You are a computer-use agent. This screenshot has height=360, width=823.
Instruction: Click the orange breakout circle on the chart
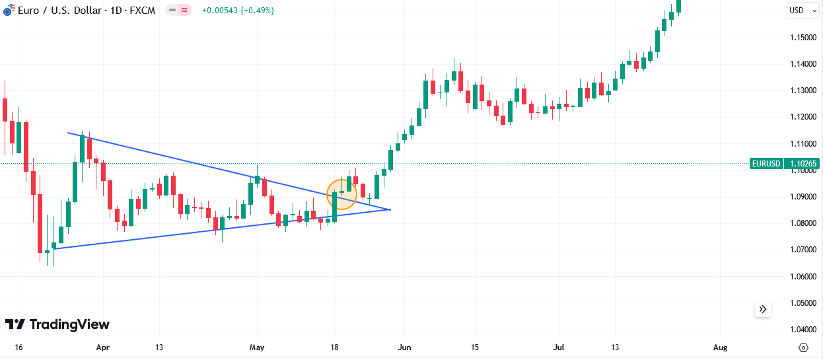341,195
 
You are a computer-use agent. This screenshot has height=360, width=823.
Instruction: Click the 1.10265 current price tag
803,164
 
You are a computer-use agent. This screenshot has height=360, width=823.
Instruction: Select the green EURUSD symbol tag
766,164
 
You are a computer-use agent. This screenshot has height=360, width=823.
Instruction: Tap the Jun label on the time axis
405,347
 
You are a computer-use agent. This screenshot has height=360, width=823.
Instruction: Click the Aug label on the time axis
721,347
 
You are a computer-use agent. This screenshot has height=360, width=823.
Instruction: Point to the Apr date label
102,347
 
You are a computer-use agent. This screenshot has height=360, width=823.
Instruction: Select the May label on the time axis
257,347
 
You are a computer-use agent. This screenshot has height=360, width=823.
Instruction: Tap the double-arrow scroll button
763,309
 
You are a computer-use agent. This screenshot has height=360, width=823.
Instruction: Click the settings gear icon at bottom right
803,347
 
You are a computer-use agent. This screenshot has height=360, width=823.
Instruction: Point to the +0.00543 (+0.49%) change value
238,11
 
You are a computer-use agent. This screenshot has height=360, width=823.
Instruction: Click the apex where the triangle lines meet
390,209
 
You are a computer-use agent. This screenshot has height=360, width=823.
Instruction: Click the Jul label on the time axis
559,347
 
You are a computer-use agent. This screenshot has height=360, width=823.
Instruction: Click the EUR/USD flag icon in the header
8,11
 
